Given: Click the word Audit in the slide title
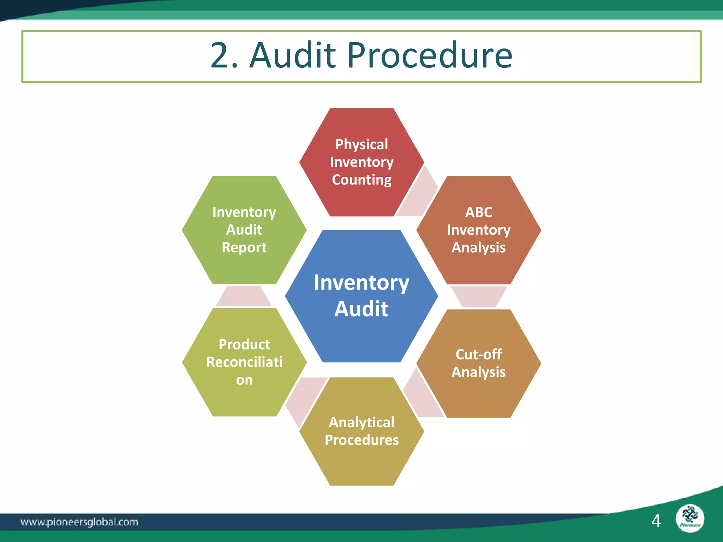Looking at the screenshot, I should pyautogui.click(x=293, y=55).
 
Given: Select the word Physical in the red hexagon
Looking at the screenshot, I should pyautogui.click(x=361, y=144).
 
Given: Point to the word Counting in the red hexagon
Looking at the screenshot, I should pyautogui.click(x=361, y=180).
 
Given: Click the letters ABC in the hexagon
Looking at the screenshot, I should pyautogui.click(x=479, y=212).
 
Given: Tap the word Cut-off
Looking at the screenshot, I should pyautogui.click(x=479, y=354).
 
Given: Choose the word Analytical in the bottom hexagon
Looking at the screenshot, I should pyautogui.click(x=361, y=422).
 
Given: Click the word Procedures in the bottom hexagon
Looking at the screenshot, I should pyautogui.click(x=361, y=440).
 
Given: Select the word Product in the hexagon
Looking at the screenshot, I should pyautogui.click(x=244, y=344).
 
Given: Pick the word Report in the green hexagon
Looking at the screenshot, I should pyautogui.click(x=244, y=247).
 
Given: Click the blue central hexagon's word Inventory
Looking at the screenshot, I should pyautogui.click(x=361, y=283).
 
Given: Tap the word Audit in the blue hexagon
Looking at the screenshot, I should pyautogui.click(x=361, y=309).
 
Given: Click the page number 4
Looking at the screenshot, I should pyautogui.click(x=656, y=521).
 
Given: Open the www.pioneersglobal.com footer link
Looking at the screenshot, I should pyautogui.click(x=79, y=522).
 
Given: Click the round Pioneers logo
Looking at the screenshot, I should pyautogui.click(x=690, y=518).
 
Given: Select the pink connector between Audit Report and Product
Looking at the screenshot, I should pyautogui.click(x=244, y=296).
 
